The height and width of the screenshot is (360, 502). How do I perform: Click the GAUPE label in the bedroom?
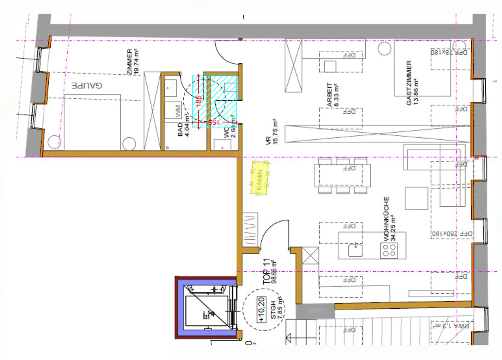point(87,85)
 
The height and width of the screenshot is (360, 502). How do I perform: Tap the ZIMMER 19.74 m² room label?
point(133,62)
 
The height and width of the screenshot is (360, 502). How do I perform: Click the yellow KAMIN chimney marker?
point(260,178)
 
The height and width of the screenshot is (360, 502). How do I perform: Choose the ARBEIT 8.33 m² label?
point(333,95)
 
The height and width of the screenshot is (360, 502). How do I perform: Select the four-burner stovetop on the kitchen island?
point(389,250)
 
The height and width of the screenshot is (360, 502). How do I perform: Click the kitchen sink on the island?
point(356,250)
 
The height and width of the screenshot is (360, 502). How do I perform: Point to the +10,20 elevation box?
point(261,309)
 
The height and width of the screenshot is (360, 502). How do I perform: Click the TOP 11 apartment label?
point(270,271)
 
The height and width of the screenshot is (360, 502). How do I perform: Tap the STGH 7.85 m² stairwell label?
point(276,309)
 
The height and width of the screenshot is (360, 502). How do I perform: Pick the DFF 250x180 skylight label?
point(452,234)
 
